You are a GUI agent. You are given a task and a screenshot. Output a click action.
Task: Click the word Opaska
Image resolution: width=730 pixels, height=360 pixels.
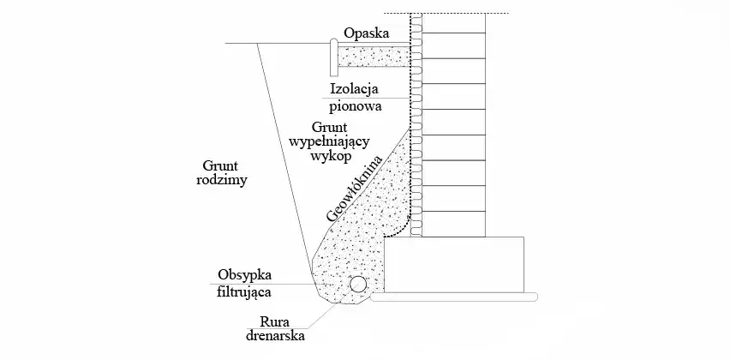[366, 34]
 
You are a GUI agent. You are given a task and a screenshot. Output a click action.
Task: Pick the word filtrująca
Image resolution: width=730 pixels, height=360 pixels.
[245, 291]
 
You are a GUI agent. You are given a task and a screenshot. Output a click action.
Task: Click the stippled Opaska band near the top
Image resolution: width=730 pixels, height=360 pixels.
[374, 57]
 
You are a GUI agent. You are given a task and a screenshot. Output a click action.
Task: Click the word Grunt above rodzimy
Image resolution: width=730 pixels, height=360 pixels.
[220, 165]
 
